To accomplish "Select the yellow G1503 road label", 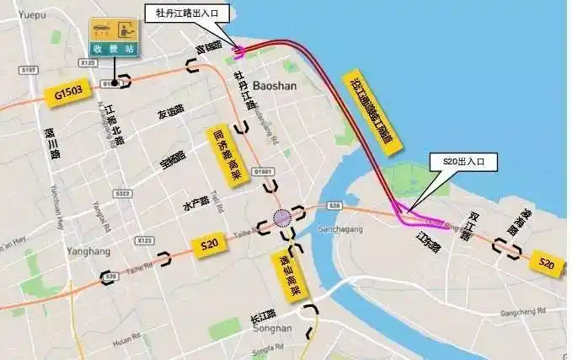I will tap(70, 94).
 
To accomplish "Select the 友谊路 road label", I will tap(170, 114).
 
